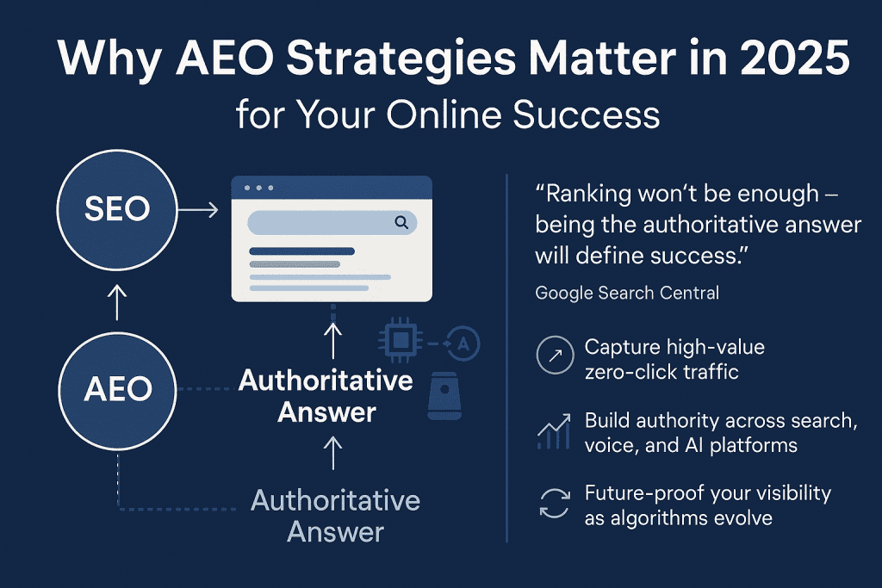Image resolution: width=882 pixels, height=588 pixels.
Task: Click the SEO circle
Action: pyautogui.click(x=117, y=207)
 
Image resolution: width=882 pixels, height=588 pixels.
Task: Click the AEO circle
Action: pyautogui.click(x=117, y=389)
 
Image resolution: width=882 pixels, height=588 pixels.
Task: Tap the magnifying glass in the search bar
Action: pyautogui.click(x=401, y=223)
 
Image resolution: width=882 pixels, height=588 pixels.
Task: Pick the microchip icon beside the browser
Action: pyautogui.click(x=398, y=342)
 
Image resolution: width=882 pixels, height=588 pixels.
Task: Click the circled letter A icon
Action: pyautogui.click(x=463, y=344)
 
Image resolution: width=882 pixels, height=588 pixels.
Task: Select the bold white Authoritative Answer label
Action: pyautogui.click(x=326, y=396)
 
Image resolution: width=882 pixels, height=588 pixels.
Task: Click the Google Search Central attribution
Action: pyautogui.click(x=627, y=293)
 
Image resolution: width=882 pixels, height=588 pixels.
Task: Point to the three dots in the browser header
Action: pyautogui.click(x=258, y=188)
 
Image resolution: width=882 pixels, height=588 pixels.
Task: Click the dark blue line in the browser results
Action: pyautogui.click(x=301, y=251)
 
